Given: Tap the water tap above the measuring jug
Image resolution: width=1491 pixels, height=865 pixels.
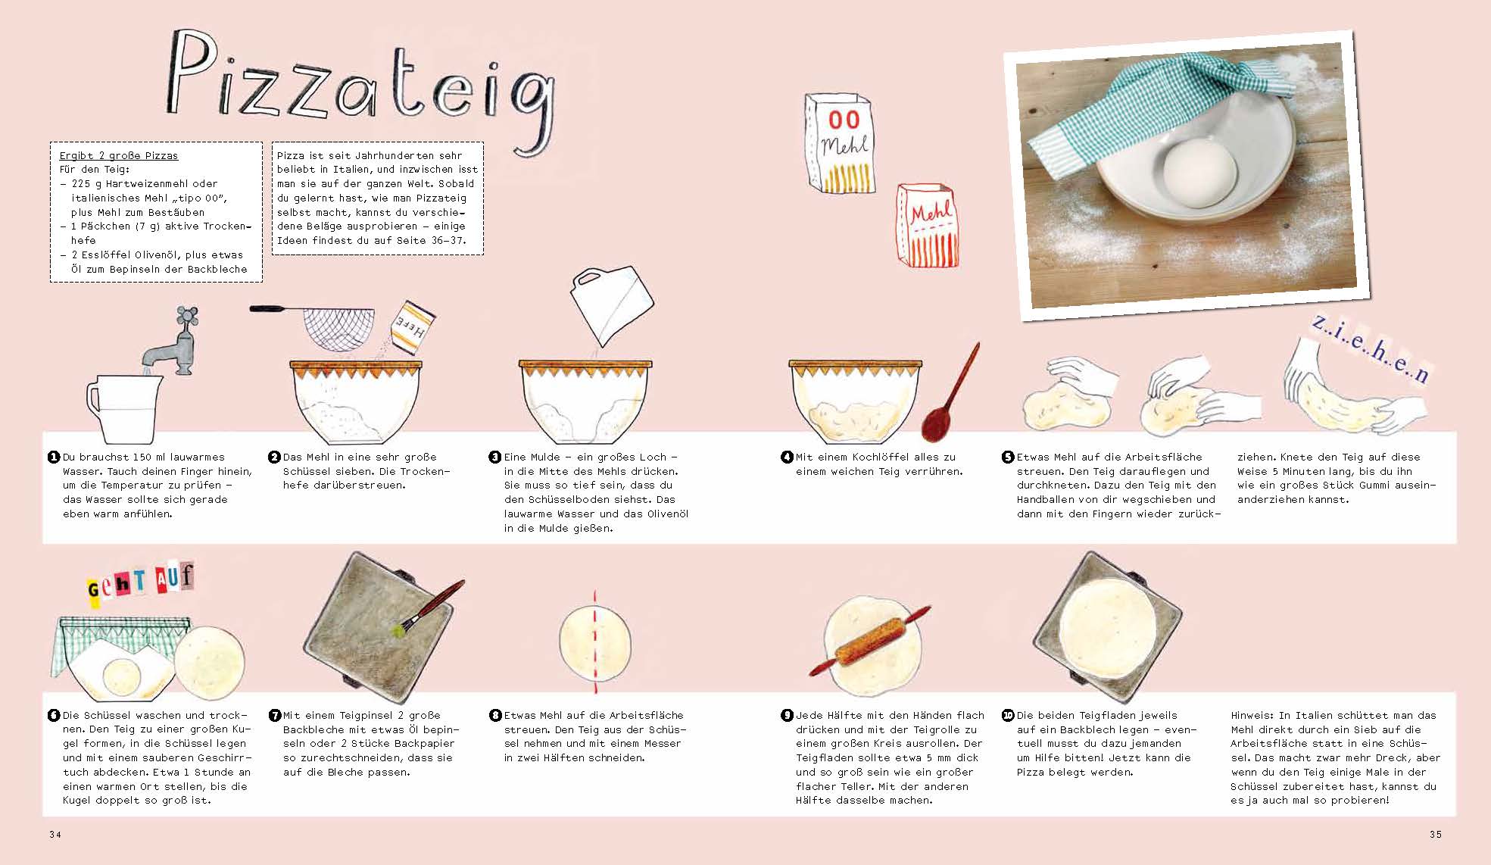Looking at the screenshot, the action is [x=172, y=342].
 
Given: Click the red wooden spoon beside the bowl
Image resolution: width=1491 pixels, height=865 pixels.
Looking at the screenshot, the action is [x=949, y=394].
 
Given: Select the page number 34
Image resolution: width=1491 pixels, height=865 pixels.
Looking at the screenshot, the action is [x=55, y=834].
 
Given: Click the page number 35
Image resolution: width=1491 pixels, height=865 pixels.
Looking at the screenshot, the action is [x=1435, y=834].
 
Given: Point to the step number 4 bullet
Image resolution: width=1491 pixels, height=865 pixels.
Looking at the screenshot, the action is [x=787, y=457].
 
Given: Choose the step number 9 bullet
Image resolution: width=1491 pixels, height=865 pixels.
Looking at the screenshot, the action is [x=787, y=715].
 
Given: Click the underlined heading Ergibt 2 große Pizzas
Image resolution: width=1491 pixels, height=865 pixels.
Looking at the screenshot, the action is [x=119, y=155].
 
